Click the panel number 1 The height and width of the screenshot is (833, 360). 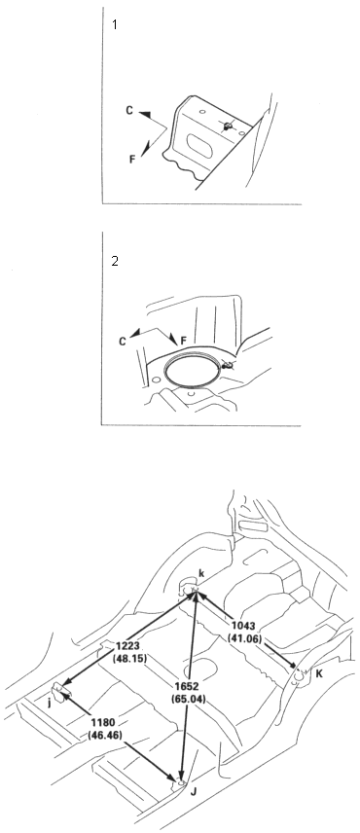(115, 24)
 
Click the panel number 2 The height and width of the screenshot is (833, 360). (115, 261)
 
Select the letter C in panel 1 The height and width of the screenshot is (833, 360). (129, 110)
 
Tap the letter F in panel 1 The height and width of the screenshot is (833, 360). (132, 159)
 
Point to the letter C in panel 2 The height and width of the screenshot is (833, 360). (123, 342)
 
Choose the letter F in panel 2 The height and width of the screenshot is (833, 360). (184, 340)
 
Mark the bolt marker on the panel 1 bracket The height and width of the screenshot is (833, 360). (228, 126)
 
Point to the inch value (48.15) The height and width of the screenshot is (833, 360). (129, 657)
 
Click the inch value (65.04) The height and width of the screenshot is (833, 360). (188, 698)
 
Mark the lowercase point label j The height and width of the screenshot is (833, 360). (50, 704)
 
